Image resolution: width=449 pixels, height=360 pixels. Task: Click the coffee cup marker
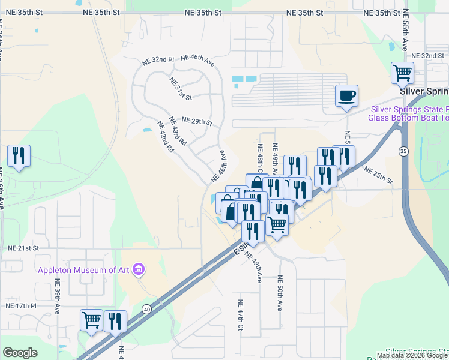click(346, 96)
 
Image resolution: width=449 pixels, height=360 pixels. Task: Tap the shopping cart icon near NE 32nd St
click(402, 73)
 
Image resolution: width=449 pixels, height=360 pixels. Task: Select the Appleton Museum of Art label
click(83, 270)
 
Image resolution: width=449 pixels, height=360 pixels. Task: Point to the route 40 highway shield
click(146, 309)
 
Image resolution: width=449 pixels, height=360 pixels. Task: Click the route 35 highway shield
click(403, 152)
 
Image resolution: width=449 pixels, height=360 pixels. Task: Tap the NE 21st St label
click(23, 248)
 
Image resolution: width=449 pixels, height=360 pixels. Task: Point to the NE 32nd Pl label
click(158, 61)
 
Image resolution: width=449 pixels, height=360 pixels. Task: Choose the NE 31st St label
click(180, 89)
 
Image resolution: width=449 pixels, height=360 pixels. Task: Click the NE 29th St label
click(197, 121)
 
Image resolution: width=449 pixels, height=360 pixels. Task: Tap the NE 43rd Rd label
click(178, 131)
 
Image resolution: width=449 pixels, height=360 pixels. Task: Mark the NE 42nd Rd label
click(165, 137)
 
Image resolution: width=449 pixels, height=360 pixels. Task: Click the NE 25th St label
click(378, 176)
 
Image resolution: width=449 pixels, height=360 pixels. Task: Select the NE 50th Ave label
click(279, 293)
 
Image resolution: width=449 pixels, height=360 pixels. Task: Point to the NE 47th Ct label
click(240, 315)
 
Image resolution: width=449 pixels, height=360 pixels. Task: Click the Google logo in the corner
click(20, 352)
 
